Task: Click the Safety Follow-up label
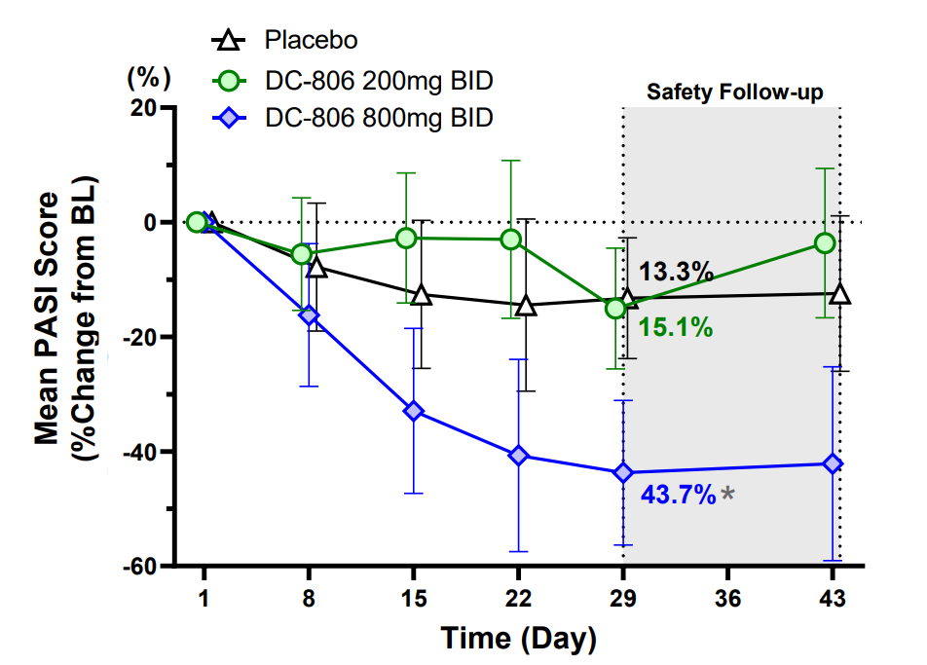(735, 93)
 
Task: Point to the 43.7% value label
(679, 495)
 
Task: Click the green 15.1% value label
(676, 327)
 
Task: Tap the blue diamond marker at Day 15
(413, 411)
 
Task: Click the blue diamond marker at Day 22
(518, 456)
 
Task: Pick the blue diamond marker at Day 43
(833, 463)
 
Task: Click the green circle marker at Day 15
(407, 238)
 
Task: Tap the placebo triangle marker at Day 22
(526, 306)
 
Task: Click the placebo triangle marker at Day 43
(840, 294)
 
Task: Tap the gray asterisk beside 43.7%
(727, 496)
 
